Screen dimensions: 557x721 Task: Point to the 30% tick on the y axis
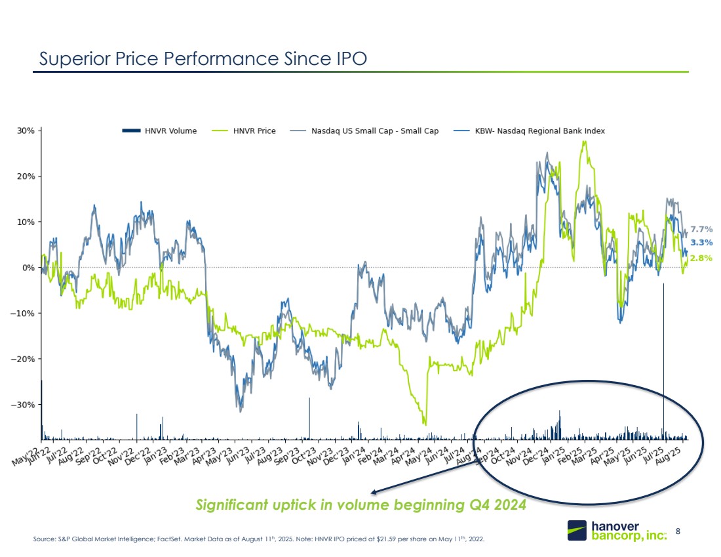tap(26, 131)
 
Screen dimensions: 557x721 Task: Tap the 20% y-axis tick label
tap(26, 176)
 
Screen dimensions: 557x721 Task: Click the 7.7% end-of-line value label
tap(701, 229)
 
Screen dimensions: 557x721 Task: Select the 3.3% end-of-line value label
tap(701, 243)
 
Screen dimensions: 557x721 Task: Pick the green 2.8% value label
tap(701, 258)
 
